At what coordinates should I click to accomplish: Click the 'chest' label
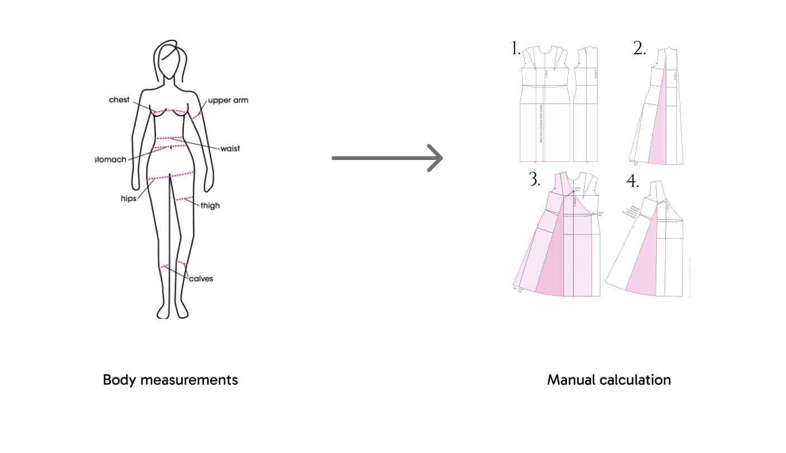click(x=119, y=100)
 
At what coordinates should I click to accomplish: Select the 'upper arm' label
click(x=228, y=101)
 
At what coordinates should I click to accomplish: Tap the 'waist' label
click(x=230, y=148)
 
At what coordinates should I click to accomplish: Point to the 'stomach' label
click(x=111, y=159)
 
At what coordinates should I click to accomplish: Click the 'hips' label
click(x=128, y=199)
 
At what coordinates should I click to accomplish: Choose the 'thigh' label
click(x=210, y=205)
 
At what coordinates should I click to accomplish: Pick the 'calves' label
click(x=201, y=279)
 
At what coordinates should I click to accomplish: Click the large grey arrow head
click(x=434, y=158)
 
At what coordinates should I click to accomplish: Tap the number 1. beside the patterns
click(x=516, y=49)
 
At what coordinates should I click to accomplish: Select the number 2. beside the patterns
click(x=640, y=49)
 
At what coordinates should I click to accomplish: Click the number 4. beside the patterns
click(x=632, y=181)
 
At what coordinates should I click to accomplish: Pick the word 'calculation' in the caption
click(x=637, y=380)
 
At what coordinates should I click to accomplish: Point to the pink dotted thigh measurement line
click(x=184, y=199)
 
